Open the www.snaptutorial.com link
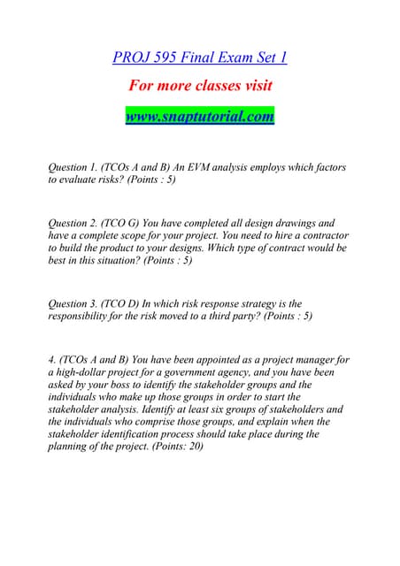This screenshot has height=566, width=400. [x=199, y=116]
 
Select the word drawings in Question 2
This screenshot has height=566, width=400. [x=283, y=224]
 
